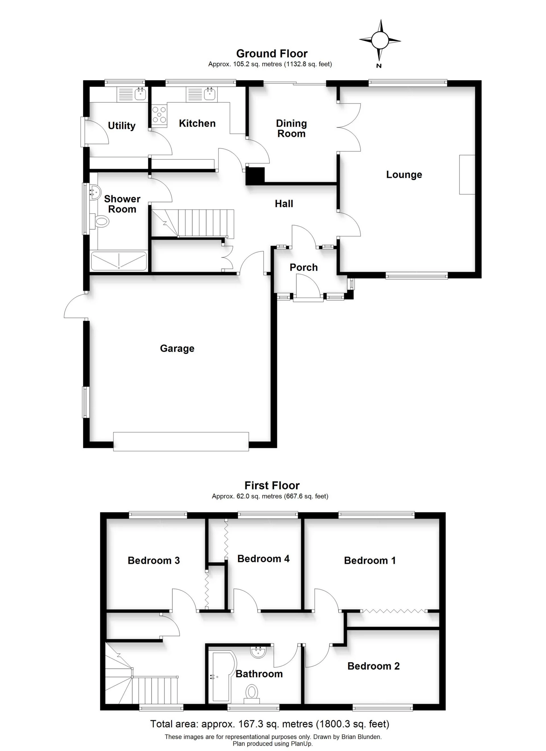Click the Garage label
[177, 348]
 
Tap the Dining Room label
[291, 129]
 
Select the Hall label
[284, 204]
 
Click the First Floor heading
[272, 485]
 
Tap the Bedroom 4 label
[263, 559]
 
